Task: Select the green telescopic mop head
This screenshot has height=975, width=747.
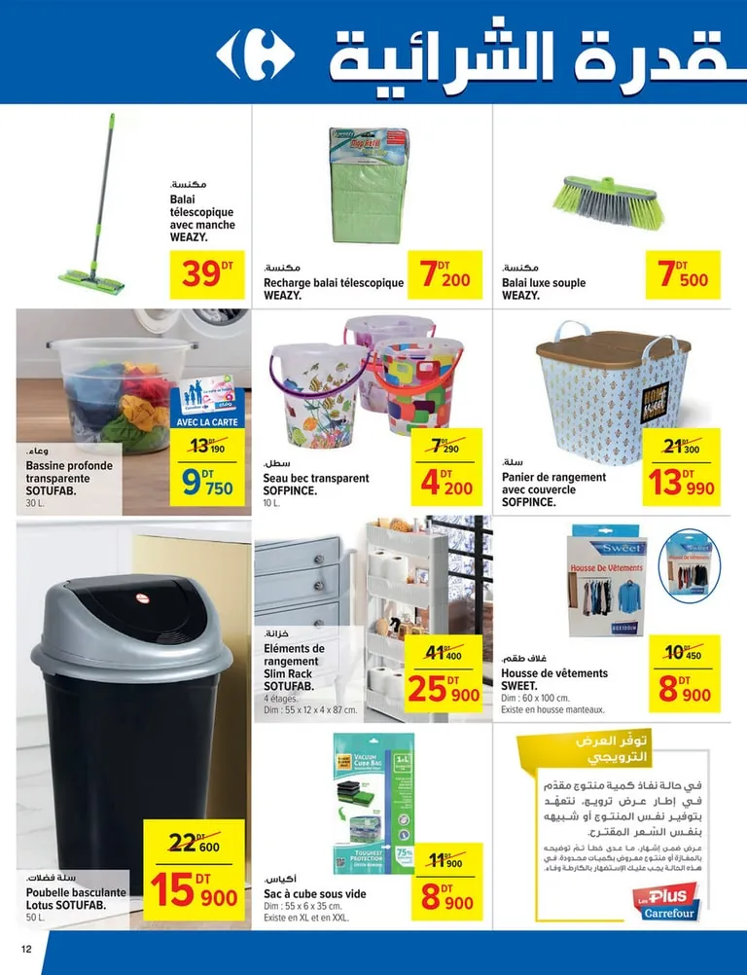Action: (x=91, y=281)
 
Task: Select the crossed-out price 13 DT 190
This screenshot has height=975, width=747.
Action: (x=206, y=447)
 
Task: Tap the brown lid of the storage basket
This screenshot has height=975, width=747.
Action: (x=613, y=348)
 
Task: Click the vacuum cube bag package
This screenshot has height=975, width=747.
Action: (x=373, y=804)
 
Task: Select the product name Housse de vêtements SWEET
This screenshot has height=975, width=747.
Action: (x=553, y=679)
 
